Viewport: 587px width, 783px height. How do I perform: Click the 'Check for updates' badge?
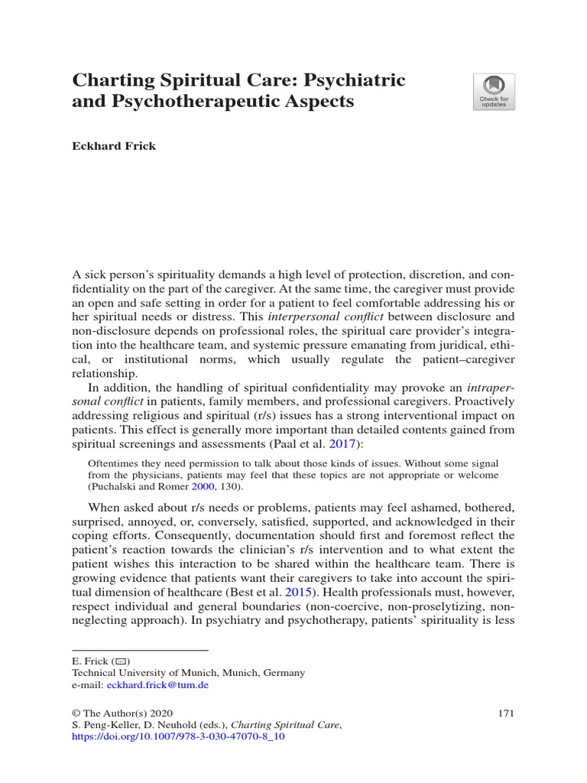tap(494, 92)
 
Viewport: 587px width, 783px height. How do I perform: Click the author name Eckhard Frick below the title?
tap(114, 146)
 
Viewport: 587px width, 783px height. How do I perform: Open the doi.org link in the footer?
tap(177, 739)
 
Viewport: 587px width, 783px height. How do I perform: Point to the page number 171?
tap(505, 713)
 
